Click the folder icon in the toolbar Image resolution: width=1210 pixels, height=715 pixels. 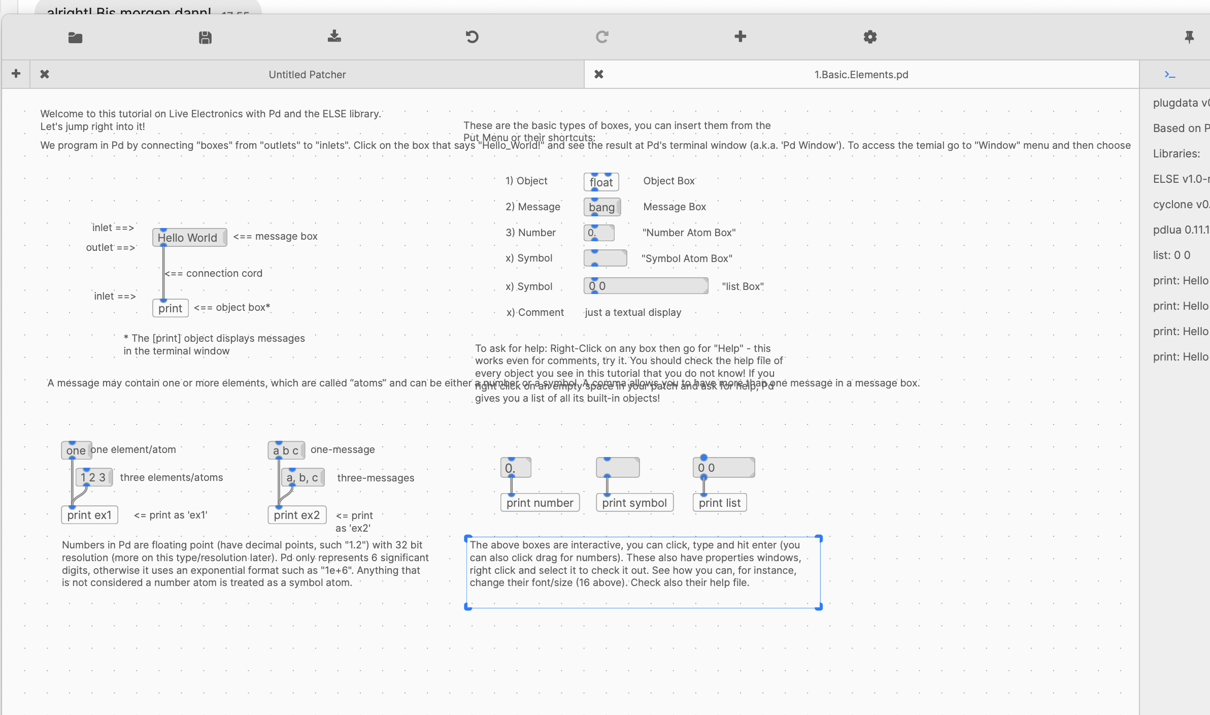pyautogui.click(x=75, y=38)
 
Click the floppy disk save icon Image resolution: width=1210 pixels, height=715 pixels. pyautogui.click(x=205, y=38)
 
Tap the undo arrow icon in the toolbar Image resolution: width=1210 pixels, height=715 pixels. pyautogui.click(x=472, y=37)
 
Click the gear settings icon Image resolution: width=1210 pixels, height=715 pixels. pyautogui.click(x=870, y=37)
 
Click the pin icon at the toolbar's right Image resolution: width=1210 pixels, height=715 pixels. pyautogui.click(x=1189, y=37)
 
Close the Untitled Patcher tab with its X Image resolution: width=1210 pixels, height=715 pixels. pyautogui.click(x=45, y=74)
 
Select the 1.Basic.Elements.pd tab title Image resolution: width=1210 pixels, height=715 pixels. pyautogui.click(x=861, y=75)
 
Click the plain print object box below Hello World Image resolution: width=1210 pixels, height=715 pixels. pyautogui.click(x=170, y=308)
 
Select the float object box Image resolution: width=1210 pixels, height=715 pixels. pyautogui.click(x=601, y=182)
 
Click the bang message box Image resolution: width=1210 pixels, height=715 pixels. pyautogui.click(x=601, y=207)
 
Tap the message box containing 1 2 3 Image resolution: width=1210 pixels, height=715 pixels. pyautogui.click(x=93, y=477)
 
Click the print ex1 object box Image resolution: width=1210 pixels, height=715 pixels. pyautogui.click(x=89, y=515)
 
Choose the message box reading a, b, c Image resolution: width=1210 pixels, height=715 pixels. pyautogui.click(x=302, y=478)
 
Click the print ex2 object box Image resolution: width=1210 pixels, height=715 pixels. pyautogui.click(x=297, y=515)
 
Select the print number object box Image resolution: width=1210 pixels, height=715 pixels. pyautogui.click(x=540, y=503)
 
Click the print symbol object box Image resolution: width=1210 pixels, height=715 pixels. pyautogui.click(x=634, y=503)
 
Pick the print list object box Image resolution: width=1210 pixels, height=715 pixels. pyautogui.click(x=719, y=503)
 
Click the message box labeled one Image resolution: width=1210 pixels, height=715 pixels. pyautogui.click(x=76, y=450)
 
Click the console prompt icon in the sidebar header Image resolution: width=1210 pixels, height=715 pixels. pyautogui.click(x=1170, y=75)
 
